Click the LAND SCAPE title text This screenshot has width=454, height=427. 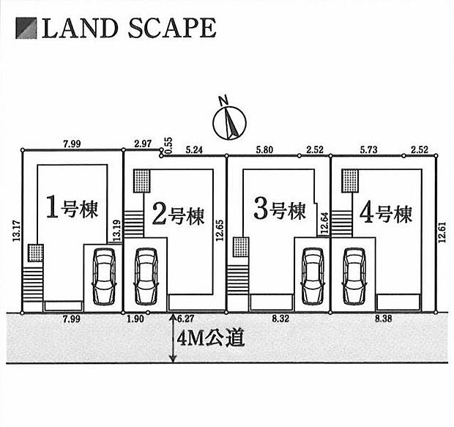pyautogui.click(x=128, y=29)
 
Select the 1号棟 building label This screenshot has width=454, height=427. pyautogui.click(x=72, y=209)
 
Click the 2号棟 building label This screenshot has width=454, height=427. pyautogui.click(x=178, y=215)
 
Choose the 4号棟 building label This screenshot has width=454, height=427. pyautogui.click(x=386, y=213)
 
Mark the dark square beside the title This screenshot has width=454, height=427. pyautogui.click(x=28, y=29)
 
